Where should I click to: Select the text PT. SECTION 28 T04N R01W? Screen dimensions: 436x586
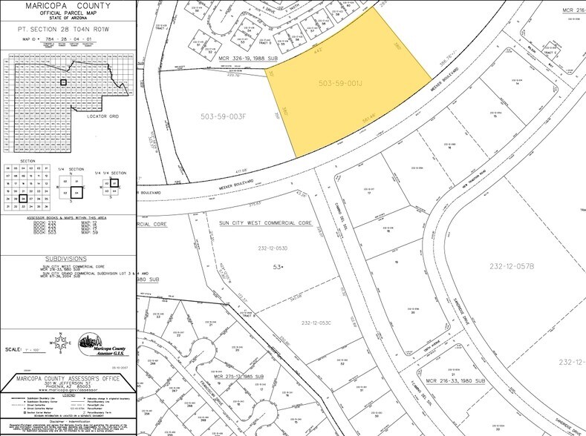point(68,29)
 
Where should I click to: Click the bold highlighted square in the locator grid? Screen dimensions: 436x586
point(65,82)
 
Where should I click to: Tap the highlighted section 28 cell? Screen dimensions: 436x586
point(25,198)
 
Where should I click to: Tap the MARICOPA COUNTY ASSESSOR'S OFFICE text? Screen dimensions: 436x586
point(68,379)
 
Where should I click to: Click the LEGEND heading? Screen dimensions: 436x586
point(68,394)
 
